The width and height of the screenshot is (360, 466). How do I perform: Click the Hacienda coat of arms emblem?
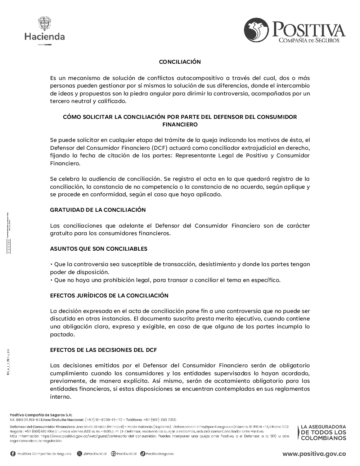(45, 23)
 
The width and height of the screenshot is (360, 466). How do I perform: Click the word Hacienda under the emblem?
(45, 36)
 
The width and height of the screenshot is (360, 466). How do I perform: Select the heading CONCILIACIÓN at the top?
(180, 62)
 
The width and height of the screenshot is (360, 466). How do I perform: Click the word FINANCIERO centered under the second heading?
(180, 125)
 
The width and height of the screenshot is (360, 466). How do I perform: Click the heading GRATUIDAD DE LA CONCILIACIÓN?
(98, 210)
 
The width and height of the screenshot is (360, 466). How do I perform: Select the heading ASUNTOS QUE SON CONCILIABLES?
(99, 248)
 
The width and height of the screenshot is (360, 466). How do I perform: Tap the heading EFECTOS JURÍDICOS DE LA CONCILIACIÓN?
(109, 295)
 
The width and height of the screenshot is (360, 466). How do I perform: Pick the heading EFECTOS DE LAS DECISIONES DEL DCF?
(103, 350)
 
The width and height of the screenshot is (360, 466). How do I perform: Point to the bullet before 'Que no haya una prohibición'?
(51, 280)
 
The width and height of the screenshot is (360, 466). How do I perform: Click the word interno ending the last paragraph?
(60, 397)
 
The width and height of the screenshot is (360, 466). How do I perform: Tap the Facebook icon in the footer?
(13, 454)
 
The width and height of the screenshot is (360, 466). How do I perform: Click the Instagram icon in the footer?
(113, 454)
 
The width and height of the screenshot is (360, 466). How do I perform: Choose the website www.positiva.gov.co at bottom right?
(314, 454)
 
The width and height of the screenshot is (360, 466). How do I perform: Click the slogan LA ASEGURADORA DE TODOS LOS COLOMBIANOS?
(323, 432)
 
